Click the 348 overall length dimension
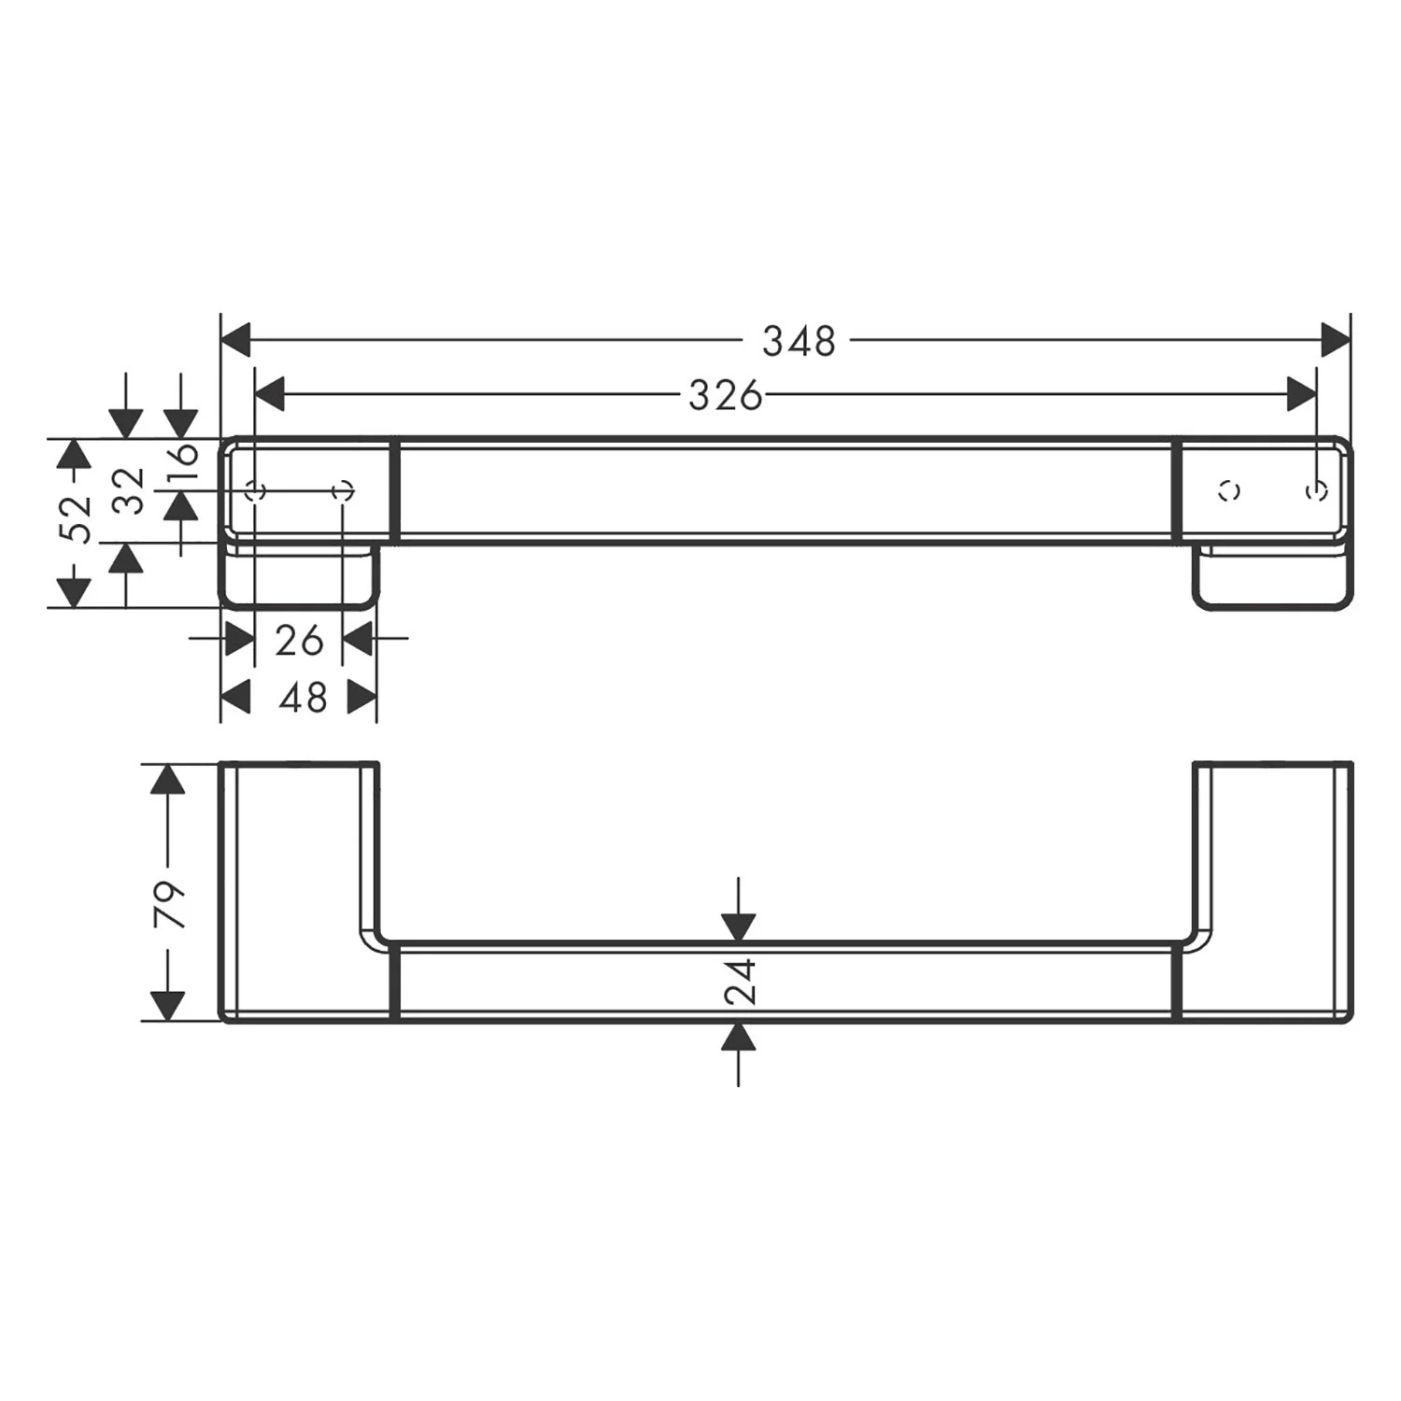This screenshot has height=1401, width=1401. coord(799,341)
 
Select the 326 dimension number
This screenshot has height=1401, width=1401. coord(725,396)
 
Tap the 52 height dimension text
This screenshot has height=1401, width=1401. coord(75,518)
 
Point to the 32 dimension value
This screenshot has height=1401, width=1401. coord(130,490)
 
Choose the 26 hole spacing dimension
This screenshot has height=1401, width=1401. coord(299,641)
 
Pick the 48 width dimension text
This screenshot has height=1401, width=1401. coord(303,698)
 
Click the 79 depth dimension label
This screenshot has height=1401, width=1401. coord(169,903)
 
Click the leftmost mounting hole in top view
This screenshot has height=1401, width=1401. coord(255,490)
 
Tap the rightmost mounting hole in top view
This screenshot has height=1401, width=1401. coord(1317,490)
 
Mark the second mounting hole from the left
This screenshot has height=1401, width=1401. coord(343,490)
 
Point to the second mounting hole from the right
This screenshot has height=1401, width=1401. coord(1230,490)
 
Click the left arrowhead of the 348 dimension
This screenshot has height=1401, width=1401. coord(236,340)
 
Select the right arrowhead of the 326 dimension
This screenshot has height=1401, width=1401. coord(1301,395)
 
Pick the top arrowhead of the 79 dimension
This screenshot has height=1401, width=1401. coord(167,779)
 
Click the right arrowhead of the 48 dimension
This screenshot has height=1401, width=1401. coord(361,697)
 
